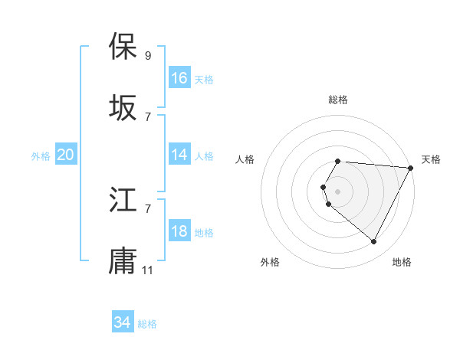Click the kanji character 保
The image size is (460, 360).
tap(123, 47)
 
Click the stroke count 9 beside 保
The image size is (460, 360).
tap(148, 55)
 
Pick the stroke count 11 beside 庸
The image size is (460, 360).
tap(148, 270)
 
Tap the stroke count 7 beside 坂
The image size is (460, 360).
tap(148, 116)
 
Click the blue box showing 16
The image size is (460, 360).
tap(179, 78)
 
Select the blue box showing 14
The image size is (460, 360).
tap(179, 155)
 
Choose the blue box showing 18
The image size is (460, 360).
tap(179, 231)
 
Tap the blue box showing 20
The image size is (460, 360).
tap(66, 155)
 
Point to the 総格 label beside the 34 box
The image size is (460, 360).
tap(147, 324)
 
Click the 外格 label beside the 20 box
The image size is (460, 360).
tap(41, 155)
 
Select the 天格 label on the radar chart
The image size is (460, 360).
tap(431, 159)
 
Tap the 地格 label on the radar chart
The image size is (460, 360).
tap(402, 262)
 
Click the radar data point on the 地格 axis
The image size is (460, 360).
tap(374, 242)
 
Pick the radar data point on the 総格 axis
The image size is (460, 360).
tap(337, 161)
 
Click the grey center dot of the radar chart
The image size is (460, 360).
tap(337, 191)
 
